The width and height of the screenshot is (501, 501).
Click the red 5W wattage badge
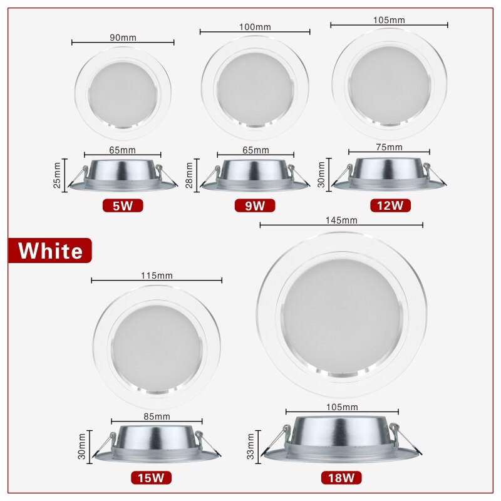tap(123, 205)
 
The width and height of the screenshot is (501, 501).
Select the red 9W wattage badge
tap(255, 205)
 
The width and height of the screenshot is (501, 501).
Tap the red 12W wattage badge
tap(390, 205)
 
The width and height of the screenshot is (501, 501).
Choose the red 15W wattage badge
tap(151, 478)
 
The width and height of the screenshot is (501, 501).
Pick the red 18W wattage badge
tap(341, 478)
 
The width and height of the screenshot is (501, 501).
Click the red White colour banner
tap(50, 250)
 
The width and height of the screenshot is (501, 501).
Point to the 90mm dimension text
tap(123, 38)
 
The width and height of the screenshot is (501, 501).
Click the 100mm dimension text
tap(255, 26)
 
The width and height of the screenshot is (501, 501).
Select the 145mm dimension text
tap(341, 220)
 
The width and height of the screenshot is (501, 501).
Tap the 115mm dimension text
tap(157, 276)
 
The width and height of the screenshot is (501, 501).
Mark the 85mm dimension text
tap(157, 416)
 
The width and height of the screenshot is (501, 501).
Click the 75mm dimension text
tap(390, 147)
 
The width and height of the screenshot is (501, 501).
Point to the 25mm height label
tap(57, 175)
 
